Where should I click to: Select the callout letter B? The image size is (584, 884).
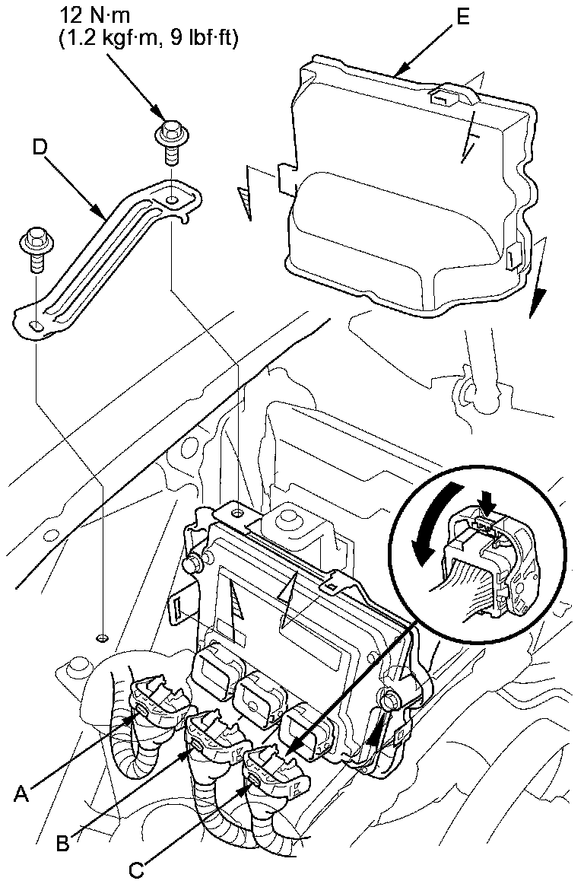tap(65, 843)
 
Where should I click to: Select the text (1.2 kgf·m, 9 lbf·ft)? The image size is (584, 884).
tap(148, 37)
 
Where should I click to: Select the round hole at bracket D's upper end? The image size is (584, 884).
tap(174, 199)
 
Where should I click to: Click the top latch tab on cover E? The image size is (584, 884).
tap(443, 97)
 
